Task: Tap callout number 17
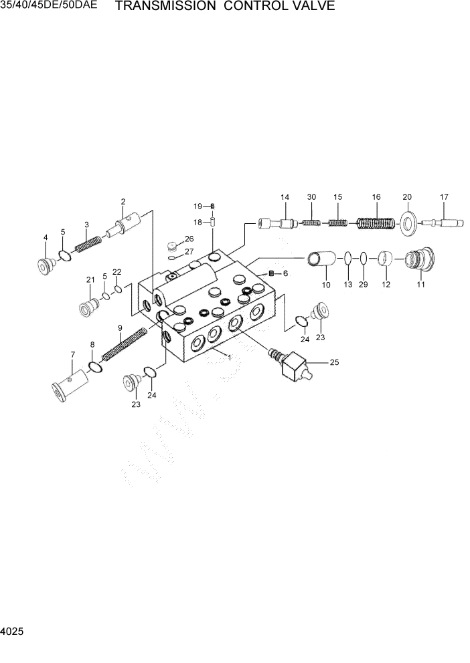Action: click(x=443, y=197)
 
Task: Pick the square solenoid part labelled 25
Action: click(x=294, y=367)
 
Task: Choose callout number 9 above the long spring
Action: click(x=120, y=327)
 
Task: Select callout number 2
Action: click(x=123, y=201)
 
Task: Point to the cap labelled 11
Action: click(x=418, y=259)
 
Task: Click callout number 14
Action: click(x=285, y=197)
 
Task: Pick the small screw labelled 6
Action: click(x=272, y=273)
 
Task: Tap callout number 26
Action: click(x=189, y=239)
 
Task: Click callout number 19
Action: click(x=198, y=205)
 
